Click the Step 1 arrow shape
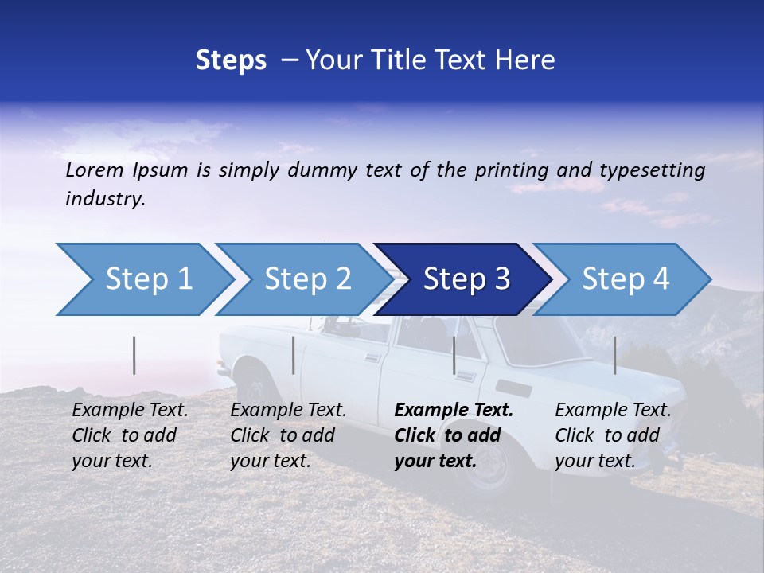pos(147,279)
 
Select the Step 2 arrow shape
pos(306,279)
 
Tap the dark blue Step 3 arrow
pos(466,279)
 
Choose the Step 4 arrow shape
pos(625,279)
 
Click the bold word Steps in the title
pos(231,60)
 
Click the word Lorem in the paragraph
pos(95,170)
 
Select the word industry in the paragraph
pos(105,199)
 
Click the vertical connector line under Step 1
pos(134,355)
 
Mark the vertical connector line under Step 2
pos(294,355)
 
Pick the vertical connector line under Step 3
pos(454,355)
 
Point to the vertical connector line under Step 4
pos(614,355)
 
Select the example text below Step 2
pos(288,435)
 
